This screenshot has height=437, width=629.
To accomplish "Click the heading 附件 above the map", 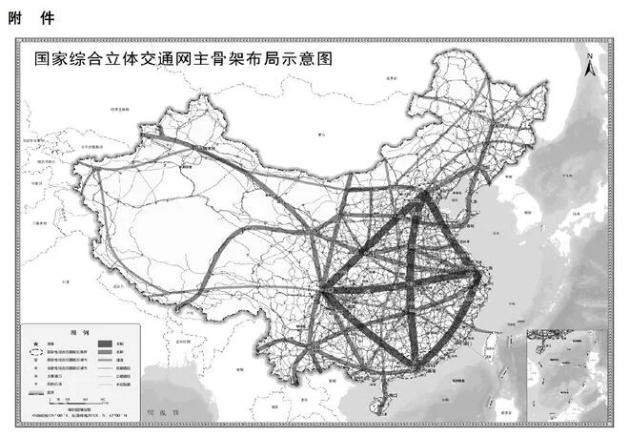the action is (28, 17).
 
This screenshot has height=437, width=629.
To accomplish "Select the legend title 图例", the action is (79, 331).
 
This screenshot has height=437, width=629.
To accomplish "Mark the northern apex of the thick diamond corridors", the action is (423, 198).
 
